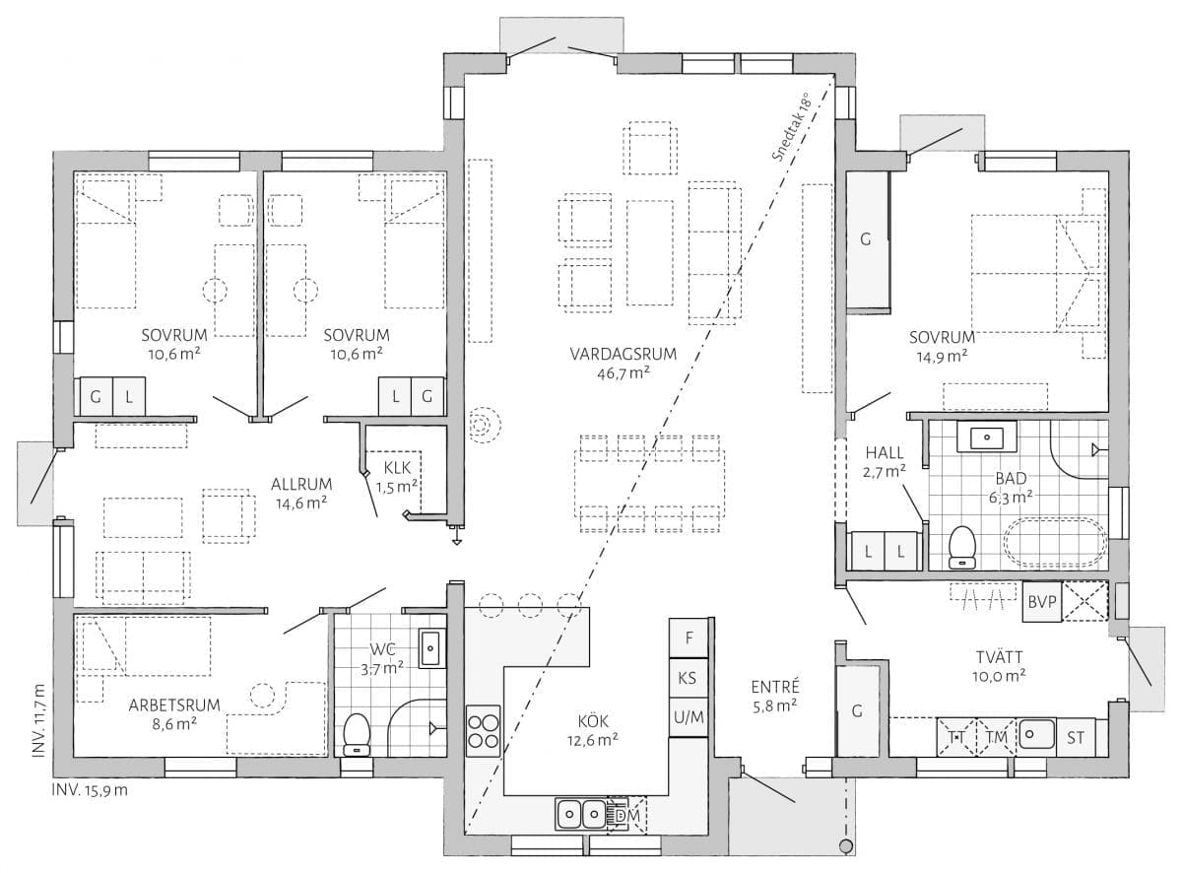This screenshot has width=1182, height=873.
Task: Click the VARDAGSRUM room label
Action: [x=623, y=354]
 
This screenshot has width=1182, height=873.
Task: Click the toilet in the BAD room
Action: [x=961, y=547]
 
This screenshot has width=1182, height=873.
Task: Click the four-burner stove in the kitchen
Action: [x=483, y=730]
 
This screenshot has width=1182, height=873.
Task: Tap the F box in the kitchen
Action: [x=689, y=638]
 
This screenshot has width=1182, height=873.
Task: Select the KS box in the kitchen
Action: [x=689, y=678]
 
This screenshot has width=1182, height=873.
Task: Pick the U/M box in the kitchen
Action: [x=689, y=717]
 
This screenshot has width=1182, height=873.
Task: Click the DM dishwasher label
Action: [x=627, y=815]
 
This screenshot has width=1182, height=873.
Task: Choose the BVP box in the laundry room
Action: [x=1042, y=602]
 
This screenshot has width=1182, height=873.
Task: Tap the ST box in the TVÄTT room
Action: [x=1076, y=738]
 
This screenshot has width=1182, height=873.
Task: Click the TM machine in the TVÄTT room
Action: [x=996, y=738]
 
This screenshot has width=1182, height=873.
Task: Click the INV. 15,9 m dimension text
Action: [x=90, y=790]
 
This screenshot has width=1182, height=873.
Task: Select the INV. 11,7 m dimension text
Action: [x=38, y=720]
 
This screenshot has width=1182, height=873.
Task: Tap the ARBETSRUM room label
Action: [x=174, y=705]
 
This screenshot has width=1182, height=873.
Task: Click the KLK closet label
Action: [x=397, y=468]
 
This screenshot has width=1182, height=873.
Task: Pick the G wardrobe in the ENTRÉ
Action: [x=857, y=710]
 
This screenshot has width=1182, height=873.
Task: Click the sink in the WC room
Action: [x=431, y=648]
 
